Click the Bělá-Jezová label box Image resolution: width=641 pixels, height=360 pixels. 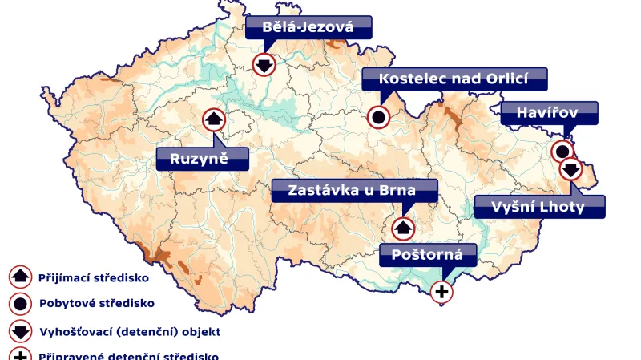click(x=308, y=28)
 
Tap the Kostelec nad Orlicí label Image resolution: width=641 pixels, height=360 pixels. click(x=454, y=79)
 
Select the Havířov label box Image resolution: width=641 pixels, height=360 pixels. click(x=549, y=113)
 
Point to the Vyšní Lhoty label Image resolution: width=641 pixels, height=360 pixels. click(x=539, y=207)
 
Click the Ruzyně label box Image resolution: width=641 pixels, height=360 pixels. click(x=202, y=158)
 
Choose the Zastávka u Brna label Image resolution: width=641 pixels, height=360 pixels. click(x=354, y=191)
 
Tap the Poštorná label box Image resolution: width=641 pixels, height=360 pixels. click(x=428, y=255)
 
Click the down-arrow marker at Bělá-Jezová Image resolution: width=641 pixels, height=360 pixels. click(x=264, y=64)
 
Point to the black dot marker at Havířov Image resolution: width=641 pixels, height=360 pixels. click(x=562, y=151)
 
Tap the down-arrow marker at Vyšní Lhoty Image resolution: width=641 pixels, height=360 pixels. click(x=570, y=169)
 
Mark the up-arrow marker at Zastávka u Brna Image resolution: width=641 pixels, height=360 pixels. click(x=403, y=228)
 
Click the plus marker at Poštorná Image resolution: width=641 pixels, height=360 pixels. click(x=441, y=291)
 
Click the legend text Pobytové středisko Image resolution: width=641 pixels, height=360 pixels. click(x=96, y=304)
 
